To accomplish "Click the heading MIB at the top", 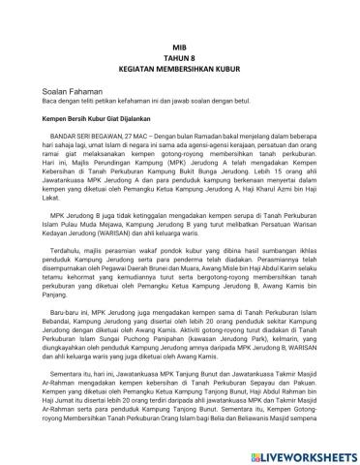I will click(x=180, y=46).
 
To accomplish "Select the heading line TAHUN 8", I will click(x=180, y=58).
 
